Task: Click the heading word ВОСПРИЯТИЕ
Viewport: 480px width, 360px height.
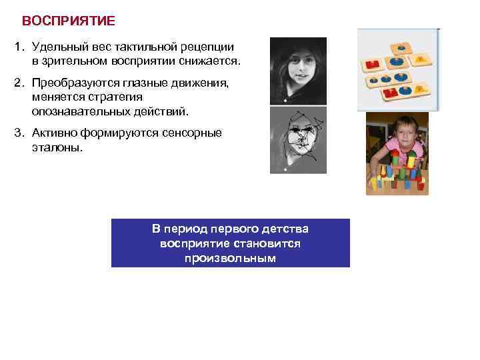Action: coord(69,21)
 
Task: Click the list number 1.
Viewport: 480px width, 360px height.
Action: coord(19,47)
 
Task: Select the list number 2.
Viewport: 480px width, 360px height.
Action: coord(19,84)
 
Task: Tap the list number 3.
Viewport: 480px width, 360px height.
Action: coord(19,133)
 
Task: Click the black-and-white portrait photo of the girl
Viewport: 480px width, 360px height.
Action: coord(297,70)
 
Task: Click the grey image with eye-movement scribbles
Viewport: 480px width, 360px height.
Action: coord(297,140)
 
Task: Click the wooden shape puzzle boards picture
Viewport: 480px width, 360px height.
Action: coord(398,69)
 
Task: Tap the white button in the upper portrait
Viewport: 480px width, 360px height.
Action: coord(285,101)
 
